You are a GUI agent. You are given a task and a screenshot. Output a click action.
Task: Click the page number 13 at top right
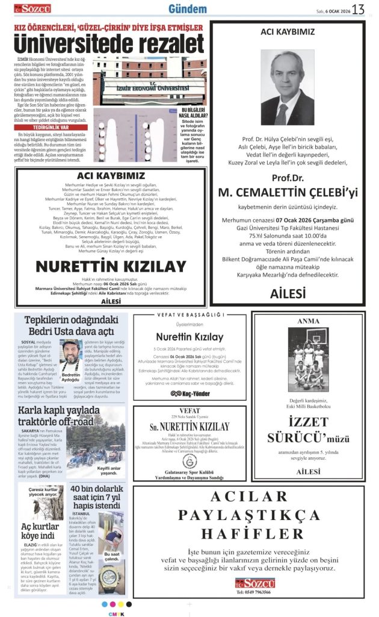[359, 10]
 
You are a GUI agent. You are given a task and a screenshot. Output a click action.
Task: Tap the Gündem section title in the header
[187, 10]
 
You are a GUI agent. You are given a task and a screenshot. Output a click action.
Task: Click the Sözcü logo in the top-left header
[33, 8]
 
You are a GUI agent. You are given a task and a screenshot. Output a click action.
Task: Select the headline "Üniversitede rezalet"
[108, 44]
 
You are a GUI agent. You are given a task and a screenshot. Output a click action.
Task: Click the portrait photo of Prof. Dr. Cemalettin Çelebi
[287, 87]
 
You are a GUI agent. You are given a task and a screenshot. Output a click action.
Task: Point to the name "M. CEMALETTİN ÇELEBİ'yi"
[288, 192]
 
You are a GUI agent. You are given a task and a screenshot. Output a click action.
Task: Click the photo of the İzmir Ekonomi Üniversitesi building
[149, 81]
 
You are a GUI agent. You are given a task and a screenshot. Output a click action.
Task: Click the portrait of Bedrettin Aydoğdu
[70, 355]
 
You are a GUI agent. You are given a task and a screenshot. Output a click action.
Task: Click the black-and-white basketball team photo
[309, 357]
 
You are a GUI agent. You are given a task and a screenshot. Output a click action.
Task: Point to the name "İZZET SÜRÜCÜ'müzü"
[309, 431]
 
